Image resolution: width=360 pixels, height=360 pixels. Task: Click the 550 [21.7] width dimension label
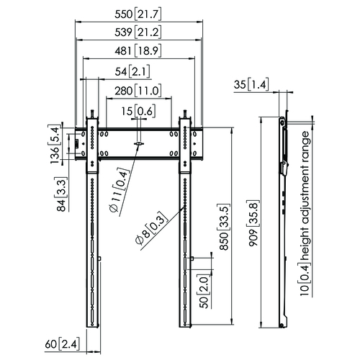pos(138,14)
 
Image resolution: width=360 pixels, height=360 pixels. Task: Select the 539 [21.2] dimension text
pos(138,32)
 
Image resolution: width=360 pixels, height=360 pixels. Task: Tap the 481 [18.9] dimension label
pos(138,50)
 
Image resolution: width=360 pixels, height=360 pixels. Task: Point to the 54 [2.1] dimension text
pos(132,71)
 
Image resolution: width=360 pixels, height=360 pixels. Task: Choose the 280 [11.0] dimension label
pos(138,91)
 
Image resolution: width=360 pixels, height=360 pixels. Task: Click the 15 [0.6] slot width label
pos(138,111)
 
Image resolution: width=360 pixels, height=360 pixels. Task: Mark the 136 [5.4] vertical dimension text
pos(55,145)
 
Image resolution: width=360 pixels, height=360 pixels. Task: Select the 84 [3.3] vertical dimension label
pos(61,194)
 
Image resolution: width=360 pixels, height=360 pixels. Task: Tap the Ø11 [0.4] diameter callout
pos(120,191)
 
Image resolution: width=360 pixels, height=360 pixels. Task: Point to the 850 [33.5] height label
pos(225,227)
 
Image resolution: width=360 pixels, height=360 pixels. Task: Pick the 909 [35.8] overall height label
pos(253,223)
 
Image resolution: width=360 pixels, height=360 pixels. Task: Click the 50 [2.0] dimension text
pos(204,292)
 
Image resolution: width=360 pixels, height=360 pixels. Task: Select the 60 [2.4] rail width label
pos(62,345)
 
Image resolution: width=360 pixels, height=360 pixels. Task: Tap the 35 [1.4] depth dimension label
pos(251,84)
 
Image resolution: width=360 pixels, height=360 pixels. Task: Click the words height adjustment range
pos(305,196)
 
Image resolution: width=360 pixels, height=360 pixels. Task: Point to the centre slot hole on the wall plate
pos(139,144)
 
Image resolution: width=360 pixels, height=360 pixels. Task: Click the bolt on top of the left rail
pos(92,114)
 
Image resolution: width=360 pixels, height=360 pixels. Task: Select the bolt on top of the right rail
pos(185,114)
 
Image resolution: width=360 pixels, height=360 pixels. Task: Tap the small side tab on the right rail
pos(192,258)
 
